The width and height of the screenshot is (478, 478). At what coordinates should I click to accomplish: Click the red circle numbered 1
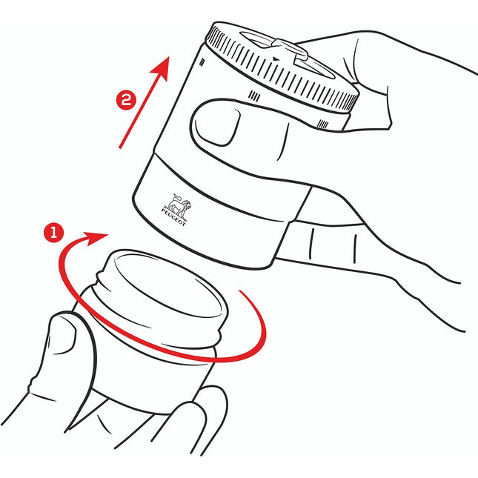(53, 233)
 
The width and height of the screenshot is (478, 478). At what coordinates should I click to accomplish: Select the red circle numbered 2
(126, 100)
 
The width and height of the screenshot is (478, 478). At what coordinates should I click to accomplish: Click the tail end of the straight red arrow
(120, 148)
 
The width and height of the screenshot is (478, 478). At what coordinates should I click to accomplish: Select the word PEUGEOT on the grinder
(173, 217)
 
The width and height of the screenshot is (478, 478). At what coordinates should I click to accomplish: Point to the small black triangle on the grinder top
(276, 59)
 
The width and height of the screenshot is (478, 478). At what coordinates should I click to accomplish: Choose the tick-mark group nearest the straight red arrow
(202, 62)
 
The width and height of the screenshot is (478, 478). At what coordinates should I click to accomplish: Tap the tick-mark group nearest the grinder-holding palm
(323, 124)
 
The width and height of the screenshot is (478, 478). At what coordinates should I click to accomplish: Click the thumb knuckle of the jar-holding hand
(33, 385)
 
